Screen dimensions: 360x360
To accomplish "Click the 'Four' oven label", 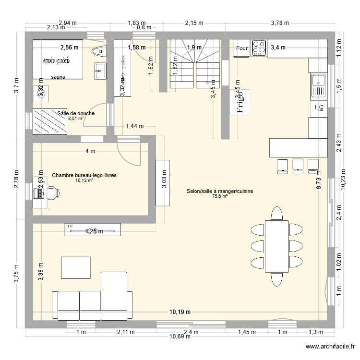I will point(242,48).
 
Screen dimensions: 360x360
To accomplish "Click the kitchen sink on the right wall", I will point(318,86).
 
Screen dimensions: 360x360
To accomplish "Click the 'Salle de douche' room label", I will point(76,113).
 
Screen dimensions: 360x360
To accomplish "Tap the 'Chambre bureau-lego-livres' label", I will point(84,176).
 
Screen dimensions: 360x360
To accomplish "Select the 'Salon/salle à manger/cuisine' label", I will point(220,192).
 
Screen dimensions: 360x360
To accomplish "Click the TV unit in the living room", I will point(93,229).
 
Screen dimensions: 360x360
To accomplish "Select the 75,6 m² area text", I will point(220,196).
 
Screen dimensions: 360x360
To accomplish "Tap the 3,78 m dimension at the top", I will point(279,23).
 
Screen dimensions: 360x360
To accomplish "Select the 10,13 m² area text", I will point(84,180).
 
